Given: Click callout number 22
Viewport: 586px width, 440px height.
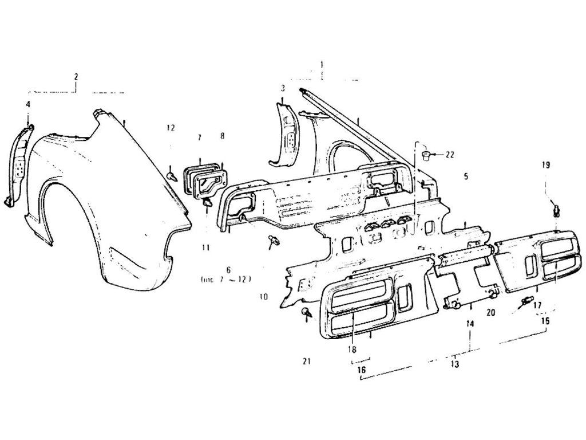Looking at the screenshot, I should click(x=450, y=155).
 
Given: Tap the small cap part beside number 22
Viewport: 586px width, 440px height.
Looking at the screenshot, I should click(x=426, y=155).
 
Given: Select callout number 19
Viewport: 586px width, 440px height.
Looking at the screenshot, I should click(x=546, y=165).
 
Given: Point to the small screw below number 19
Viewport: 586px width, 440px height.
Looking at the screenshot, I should click(x=557, y=209).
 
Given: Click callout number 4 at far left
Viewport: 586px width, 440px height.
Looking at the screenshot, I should click(x=28, y=104).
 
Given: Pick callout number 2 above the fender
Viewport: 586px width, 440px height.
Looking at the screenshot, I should click(x=76, y=76).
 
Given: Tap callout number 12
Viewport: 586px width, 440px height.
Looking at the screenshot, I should click(x=171, y=128).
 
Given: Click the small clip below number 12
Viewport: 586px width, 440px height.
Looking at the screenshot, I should click(x=171, y=172).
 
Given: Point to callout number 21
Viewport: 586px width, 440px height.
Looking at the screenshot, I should click(x=306, y=361).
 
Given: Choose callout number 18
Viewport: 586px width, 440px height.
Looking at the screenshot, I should click(x=351, y=349).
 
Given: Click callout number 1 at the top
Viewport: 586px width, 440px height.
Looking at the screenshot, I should click(x=322, y=64).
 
